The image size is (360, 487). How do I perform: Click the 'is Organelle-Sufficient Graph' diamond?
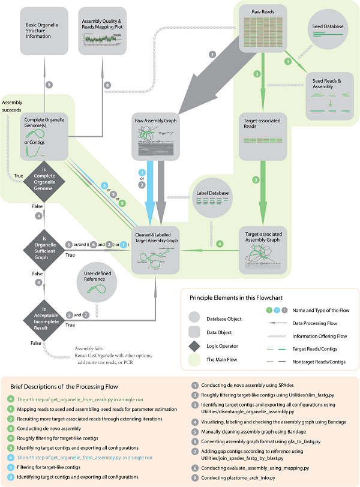coord(46,245)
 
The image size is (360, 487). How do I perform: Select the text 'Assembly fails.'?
coord(89,348)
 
